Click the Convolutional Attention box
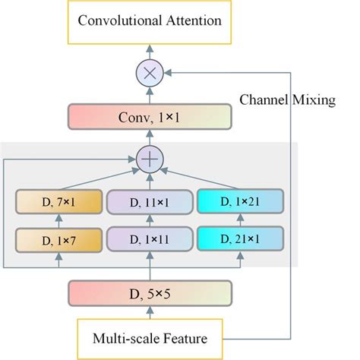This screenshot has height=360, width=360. (150, 21)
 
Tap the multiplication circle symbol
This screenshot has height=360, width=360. (150, 74)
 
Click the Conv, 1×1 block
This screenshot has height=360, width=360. (150, 118)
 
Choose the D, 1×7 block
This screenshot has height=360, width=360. (58, 241)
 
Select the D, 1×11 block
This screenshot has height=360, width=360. (150, 241)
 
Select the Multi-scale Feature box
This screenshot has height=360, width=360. (150, 336)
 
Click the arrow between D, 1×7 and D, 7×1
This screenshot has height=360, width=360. (58, 223)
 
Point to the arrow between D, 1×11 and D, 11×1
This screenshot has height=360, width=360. (150, 223)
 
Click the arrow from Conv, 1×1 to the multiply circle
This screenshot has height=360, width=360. (150, 96)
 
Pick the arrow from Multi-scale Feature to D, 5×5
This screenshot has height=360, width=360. (150, 314)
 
